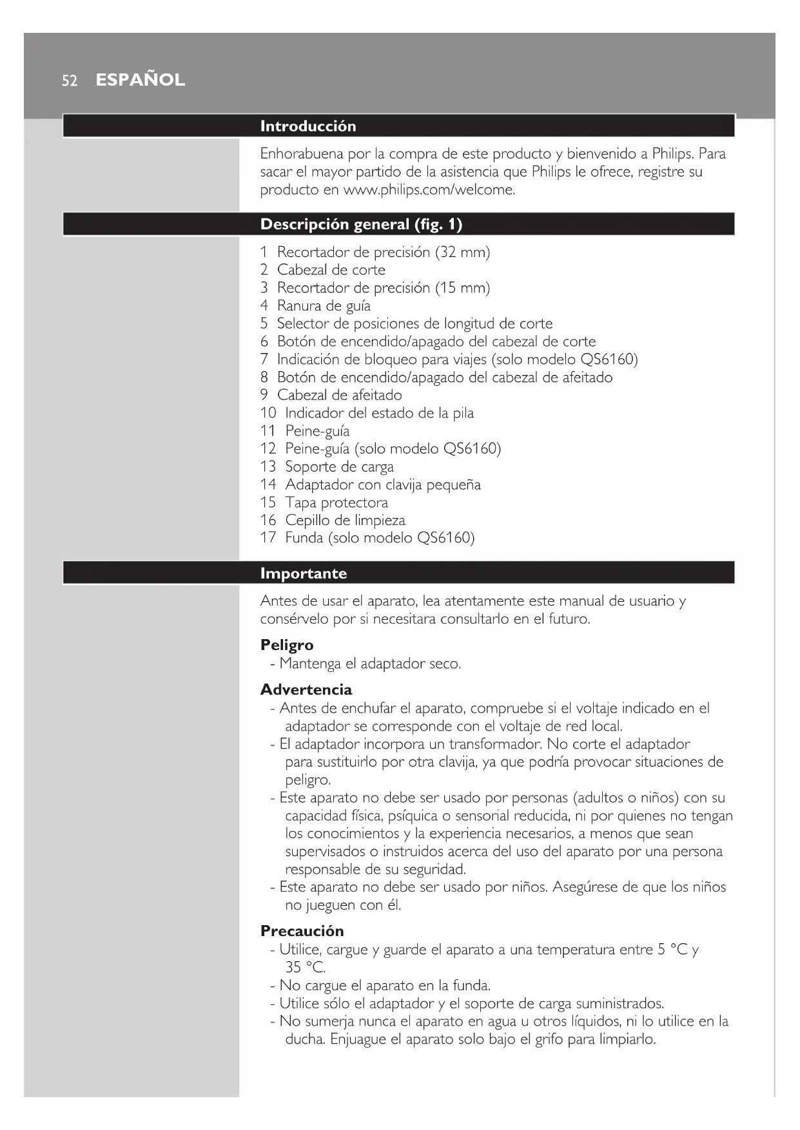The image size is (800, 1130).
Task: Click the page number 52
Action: [70, 81]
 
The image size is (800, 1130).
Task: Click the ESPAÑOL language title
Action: [140, 80]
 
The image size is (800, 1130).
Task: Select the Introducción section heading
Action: [307, 126]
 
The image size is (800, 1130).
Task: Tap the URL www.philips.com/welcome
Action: [429, 189]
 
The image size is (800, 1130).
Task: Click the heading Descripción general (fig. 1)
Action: [361, 224]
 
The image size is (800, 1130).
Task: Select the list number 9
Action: [264, 395]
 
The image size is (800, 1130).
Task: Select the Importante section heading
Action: [303, 573]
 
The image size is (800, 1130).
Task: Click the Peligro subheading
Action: [287, 645]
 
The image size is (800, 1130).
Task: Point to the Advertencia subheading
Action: [306, 689]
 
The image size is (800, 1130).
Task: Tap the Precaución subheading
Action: [302, 930]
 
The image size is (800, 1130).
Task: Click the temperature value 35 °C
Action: [305, 967]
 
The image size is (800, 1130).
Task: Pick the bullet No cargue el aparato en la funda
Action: [385, 985]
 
